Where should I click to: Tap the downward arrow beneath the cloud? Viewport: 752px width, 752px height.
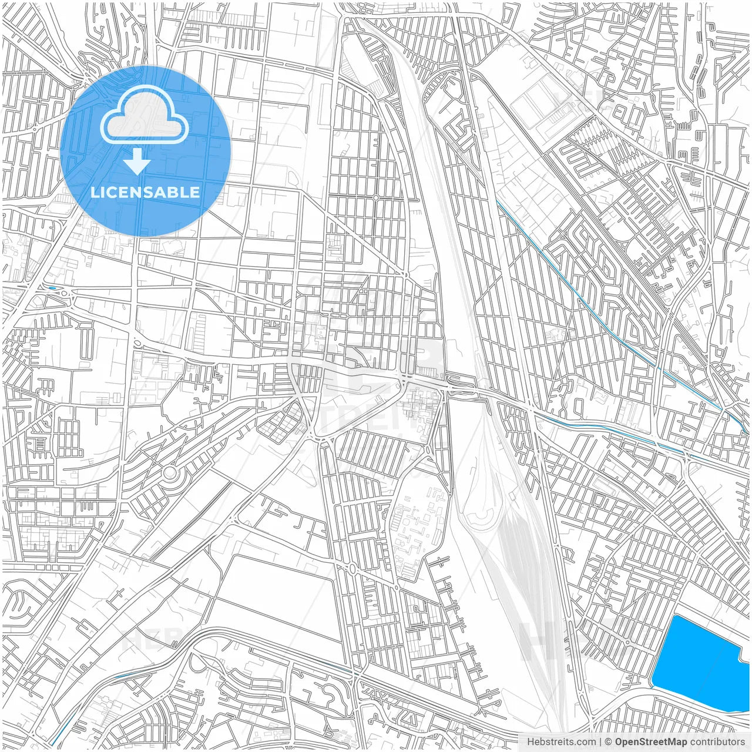click(137, 161)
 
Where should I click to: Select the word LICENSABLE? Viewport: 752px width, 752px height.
click(145, 192)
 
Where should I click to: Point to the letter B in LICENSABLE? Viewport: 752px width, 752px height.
click(173, 192)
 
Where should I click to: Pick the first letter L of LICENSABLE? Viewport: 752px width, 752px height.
click(95, 192)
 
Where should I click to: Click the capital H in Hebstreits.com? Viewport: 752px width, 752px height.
click(531, 742)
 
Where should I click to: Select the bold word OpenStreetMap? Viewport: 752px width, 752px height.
click(651, 742)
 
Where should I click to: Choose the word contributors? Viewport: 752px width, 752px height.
click(717, 742)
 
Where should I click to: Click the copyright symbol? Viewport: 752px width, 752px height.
click(609, 742)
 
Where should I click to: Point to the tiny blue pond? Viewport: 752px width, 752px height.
click(53, 288)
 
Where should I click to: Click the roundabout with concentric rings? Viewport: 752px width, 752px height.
click(170, 472)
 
